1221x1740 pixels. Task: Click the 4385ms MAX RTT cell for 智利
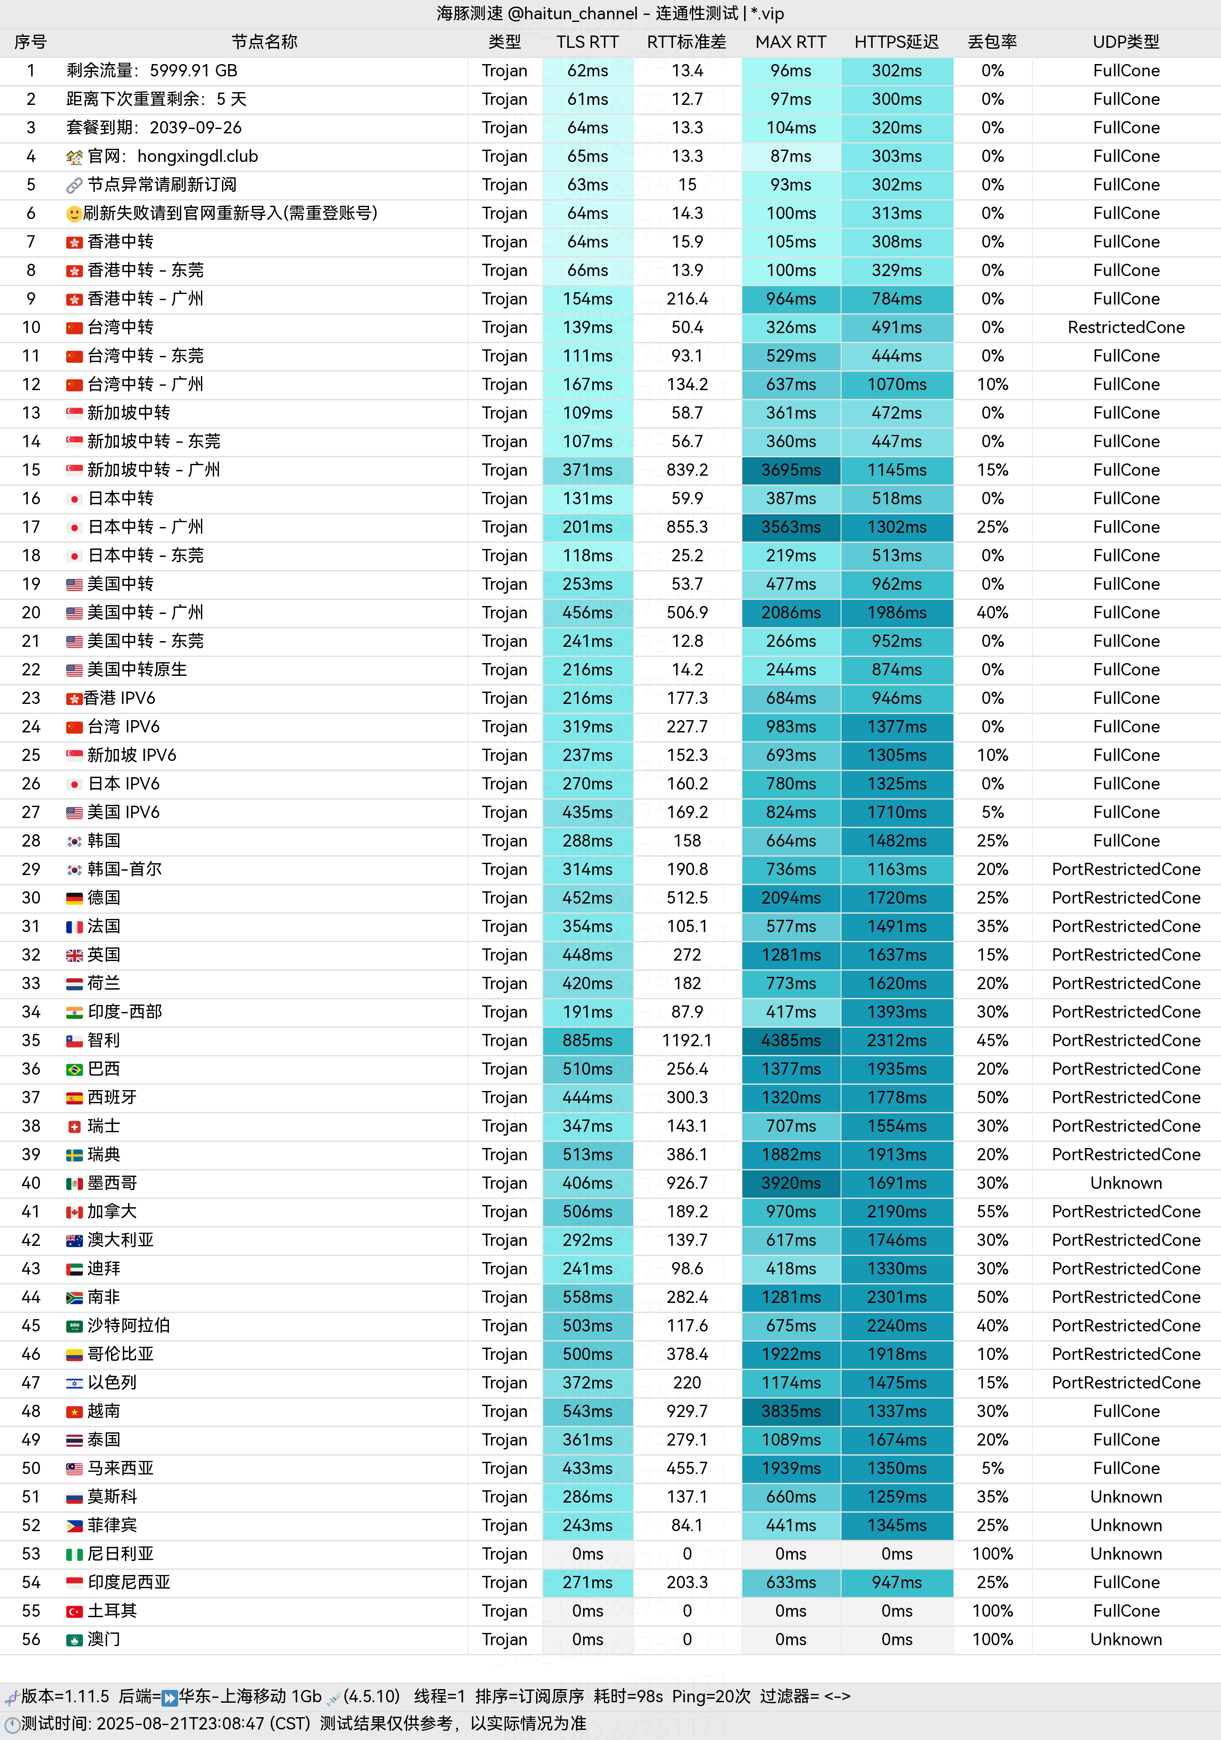pos(790,1040)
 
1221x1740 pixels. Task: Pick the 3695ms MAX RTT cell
pos(790,470)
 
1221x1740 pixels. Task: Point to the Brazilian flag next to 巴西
pos(74,1070)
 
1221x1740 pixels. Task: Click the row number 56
pos(31,1639)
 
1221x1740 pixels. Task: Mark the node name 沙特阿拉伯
pos(129,1325)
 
